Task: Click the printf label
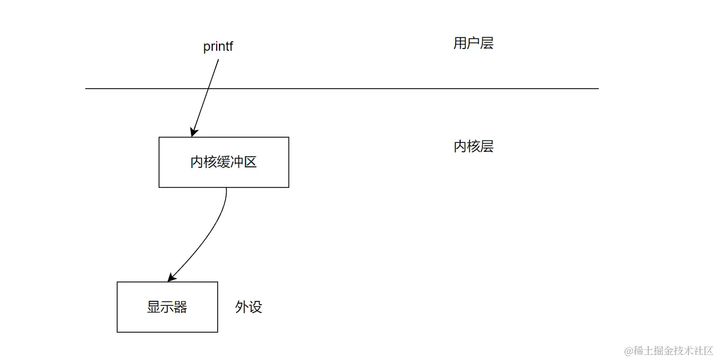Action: pos(218,46)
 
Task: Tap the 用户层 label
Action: pos(473,44)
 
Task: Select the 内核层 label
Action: pos(473,147)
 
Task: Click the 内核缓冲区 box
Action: pos(223,162)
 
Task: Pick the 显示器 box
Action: pos(167,307)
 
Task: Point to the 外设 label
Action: pos(248,307)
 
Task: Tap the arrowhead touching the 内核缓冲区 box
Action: pos(193,132)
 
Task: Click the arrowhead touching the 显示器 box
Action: pos(171,277)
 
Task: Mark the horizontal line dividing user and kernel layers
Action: pos(391,89)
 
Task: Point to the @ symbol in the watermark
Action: pos(629,351)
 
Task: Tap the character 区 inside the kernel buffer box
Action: pos(250,162)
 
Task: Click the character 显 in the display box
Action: pos(154,307)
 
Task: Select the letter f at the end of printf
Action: pos(231,46)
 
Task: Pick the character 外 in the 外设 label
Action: pos(242,307)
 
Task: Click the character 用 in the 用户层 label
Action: pos(460,44)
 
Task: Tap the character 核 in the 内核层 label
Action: pos(473,147)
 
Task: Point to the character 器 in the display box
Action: pos(180,307)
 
